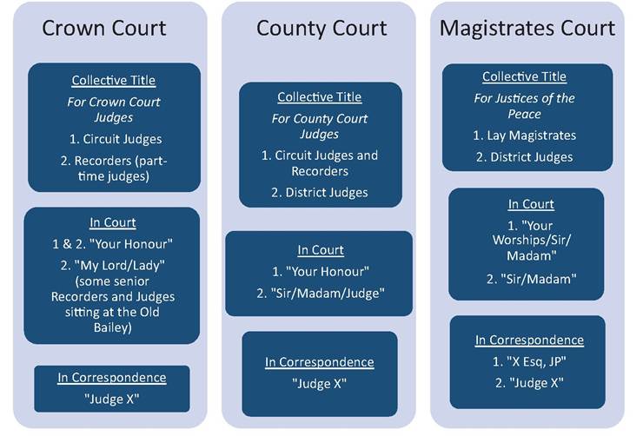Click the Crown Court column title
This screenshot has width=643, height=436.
tap(104, 29)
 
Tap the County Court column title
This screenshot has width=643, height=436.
tap(321, 29)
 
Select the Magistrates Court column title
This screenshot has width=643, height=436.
tap(527, 29)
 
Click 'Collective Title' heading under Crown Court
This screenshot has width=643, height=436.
tap(114, 80)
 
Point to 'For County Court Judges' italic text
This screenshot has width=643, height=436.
tap(320, 126)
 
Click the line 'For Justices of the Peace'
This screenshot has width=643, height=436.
tap(524, 106)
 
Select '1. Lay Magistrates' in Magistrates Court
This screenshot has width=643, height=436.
tap(525, 135)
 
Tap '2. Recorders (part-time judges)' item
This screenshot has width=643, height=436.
tap(114, 168)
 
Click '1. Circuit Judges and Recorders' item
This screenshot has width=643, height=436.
tap(320, 163)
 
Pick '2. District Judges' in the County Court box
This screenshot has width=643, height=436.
tap(320, 192)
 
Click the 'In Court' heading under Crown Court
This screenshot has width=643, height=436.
tap(113, 222)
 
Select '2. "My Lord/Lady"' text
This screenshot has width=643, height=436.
tap(112, 265)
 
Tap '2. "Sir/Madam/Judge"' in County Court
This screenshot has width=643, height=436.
tap(321, 293)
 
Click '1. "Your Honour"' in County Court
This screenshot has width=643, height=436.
tap(321, 271)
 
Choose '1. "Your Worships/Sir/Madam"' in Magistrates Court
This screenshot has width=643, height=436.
tap(532, 241)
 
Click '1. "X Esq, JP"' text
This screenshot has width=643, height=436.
tap(529, 361)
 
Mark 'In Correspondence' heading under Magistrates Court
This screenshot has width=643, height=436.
tap(529, 340)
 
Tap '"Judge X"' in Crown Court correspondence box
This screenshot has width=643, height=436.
tap(112, 399)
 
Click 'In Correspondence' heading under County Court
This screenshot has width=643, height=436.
tap(320, 362)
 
